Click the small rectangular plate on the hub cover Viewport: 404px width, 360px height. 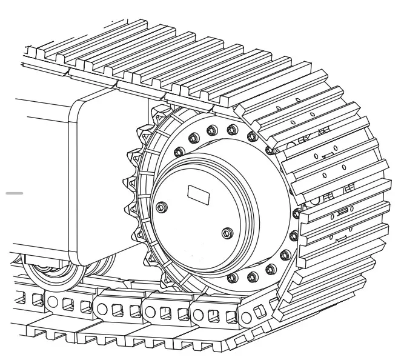[197, 195]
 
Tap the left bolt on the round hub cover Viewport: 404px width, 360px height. [161, 208]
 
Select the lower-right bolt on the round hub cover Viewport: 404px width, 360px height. [227, 233]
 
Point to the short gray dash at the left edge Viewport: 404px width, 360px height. [15, 193]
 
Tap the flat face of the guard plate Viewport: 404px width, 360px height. [100, 182]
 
